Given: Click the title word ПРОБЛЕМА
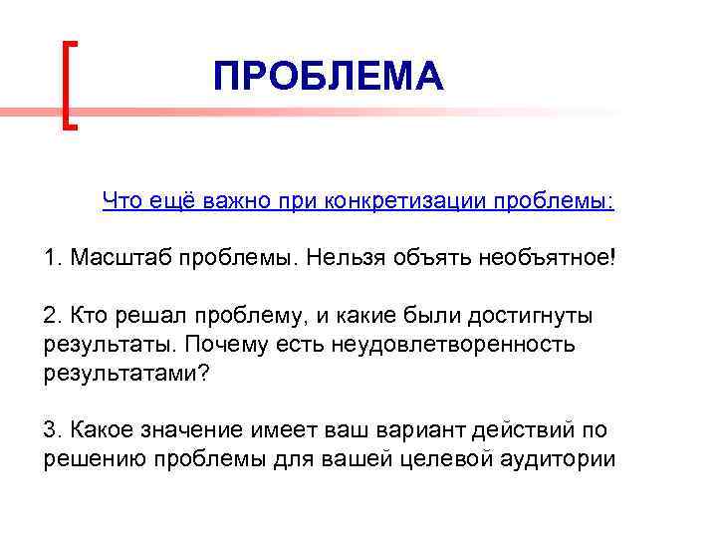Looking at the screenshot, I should pyautogui.click(x=328, y=77).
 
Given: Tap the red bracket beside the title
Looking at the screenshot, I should pyautogui.click(x=68, y=85).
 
